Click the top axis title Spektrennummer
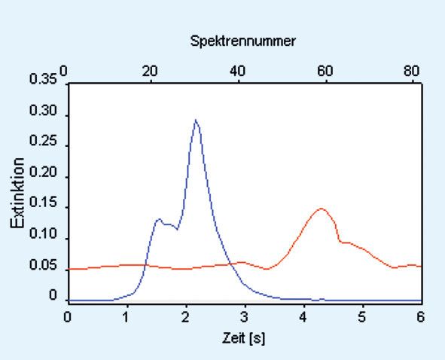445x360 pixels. click(242, 41)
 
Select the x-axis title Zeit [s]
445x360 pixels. click(243, 338)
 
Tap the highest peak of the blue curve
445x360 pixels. click(196, 120)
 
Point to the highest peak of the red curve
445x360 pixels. click(322, 209)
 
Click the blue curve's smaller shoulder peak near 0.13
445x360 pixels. click(159, 219)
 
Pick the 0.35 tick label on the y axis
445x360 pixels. click(43, 79)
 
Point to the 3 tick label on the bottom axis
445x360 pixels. click(244, 317)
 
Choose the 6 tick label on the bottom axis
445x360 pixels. click(420, 317)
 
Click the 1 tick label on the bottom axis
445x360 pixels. click(126, 317)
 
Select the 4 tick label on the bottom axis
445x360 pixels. click(303, 317)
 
